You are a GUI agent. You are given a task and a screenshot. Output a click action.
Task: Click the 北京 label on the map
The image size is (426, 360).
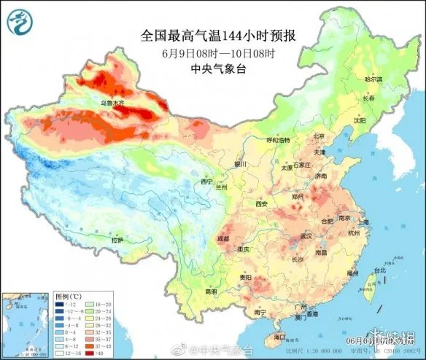click(318, 136)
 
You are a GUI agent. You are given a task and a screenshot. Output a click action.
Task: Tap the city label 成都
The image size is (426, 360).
click(223, 238)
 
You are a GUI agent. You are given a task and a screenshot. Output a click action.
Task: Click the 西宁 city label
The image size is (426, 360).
click(206, 181)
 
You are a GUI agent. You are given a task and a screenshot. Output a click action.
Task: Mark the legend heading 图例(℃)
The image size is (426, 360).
click(68, 297)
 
